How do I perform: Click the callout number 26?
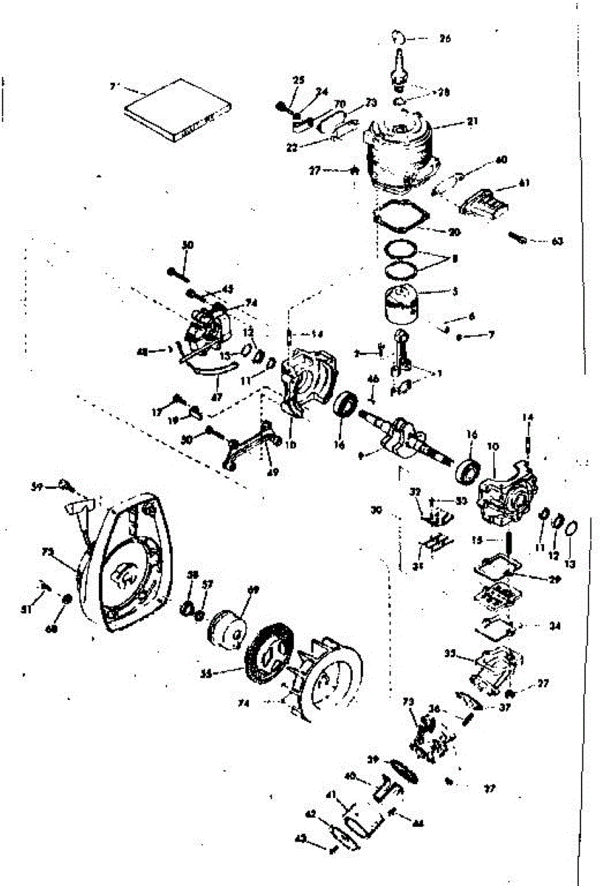point(445,38)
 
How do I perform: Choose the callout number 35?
point(449,653)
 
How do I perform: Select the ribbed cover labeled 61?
point(488,200)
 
